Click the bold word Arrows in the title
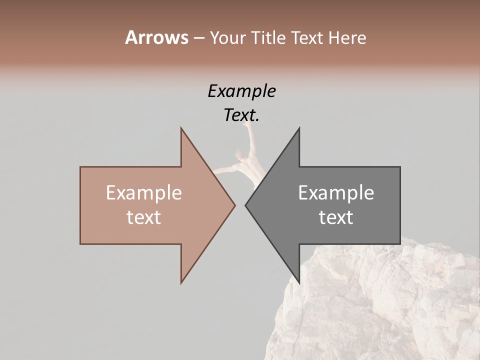click(x=156, y=37)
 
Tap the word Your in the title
click(x=227, y=38)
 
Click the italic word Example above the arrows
click(x=241, y=91)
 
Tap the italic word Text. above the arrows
click(x=241, y=115)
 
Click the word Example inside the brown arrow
click(x=143, y=193)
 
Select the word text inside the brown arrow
click(x=143, y=217)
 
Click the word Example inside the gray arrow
click(x=336, y=193)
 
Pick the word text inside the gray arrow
click(x=336, y=217)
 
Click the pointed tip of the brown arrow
click(x=234, y=205)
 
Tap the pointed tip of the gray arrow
click(x=245, y=205)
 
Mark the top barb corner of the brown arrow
click(x=181, y=128)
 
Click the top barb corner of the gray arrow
click(x=299, y=128)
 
